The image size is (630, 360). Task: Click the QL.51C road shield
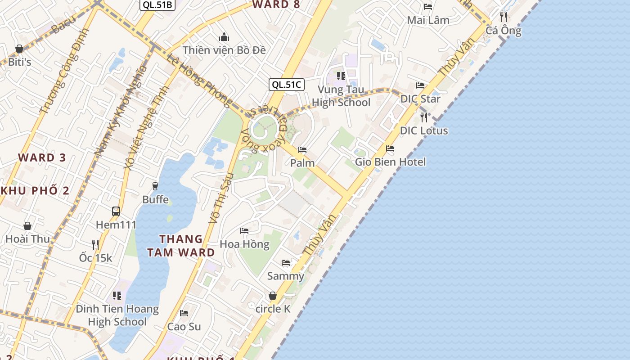(x=287, y=85)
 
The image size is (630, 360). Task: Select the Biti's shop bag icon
(x=19, y=49)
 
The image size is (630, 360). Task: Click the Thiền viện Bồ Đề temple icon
(x=224, y=37)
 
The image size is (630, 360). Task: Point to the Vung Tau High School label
(x=341, y=96)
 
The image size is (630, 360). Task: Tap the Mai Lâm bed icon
(x=428, y=7)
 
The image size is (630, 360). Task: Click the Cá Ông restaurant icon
(x=504, y=17)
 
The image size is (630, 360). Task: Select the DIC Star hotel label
(x=420, y=99)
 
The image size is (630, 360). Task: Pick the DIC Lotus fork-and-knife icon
(x=424, y=117)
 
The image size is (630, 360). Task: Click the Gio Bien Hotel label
(x=390, y=162)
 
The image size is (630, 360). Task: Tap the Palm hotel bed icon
(x=302, y=149)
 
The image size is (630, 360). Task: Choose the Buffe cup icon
(x=155, y=186)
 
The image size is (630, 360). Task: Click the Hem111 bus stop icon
(x=116, y=211)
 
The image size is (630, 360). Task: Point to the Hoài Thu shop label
(x=27, y=239)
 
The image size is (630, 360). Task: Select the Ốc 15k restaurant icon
(x=95, y=244)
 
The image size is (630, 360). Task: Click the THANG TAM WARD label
(x=181, y=246)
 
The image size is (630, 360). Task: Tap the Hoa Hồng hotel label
(x=244, y=244)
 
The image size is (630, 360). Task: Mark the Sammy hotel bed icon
(x=286, y=262)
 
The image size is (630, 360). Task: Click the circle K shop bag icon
(x=273, y=296)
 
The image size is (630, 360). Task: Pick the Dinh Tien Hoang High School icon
(x=117, y=296)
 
